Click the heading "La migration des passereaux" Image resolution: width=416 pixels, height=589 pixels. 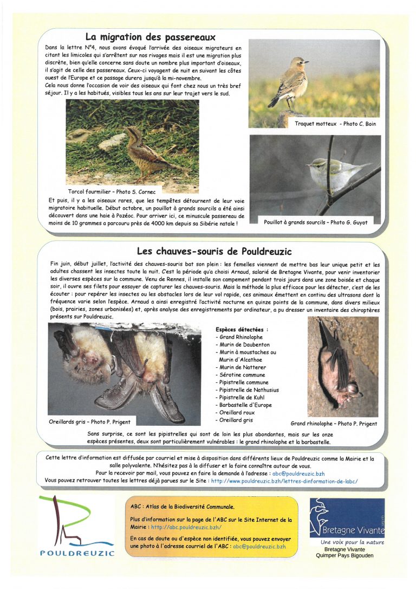(x=150, y=37)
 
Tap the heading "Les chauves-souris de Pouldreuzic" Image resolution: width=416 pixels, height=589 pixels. (x=214, y=251)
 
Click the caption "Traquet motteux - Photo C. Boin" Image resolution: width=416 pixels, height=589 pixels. (x=335, y=124)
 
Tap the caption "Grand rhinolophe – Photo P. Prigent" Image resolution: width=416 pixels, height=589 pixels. (x=333, y=424)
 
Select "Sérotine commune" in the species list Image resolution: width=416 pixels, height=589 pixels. (x=240, y=375)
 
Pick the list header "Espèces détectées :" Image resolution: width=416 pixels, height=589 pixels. (x=242, y=329)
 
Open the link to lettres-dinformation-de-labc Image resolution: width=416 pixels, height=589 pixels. (x=284, y=481)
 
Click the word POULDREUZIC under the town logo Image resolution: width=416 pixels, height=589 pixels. (x=77, y=553)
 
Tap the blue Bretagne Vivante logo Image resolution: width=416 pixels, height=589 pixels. (x=347, y=517)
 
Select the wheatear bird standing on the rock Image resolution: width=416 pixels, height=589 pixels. (x=291, y=82)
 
